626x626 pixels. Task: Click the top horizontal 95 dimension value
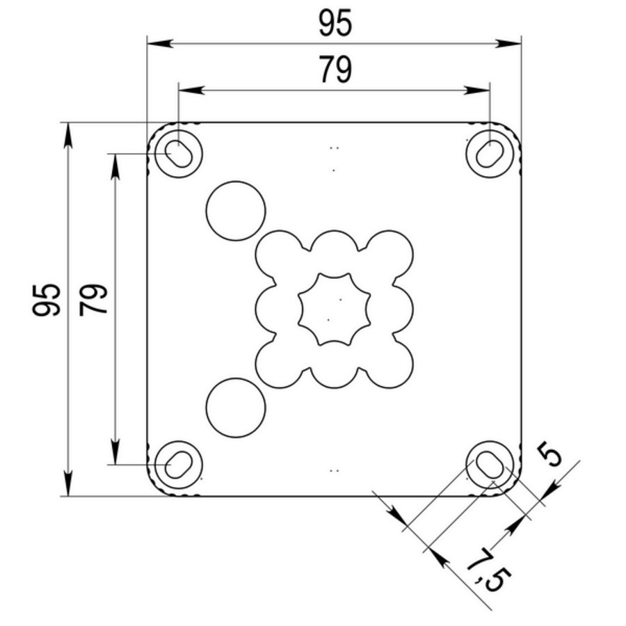click(x=335, y=23)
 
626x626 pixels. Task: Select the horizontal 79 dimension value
click(x=335, y=70)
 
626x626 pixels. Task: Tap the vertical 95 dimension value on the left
click(x=47, y=300)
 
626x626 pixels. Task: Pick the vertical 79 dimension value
click(x=93, y=300)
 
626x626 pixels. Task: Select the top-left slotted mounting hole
click(x=179, y=154)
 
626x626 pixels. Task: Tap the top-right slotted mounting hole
click(x=490, y=154)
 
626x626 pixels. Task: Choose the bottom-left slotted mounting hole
click(x=179, y=465)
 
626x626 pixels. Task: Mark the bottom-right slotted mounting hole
click(x=490, y=465)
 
